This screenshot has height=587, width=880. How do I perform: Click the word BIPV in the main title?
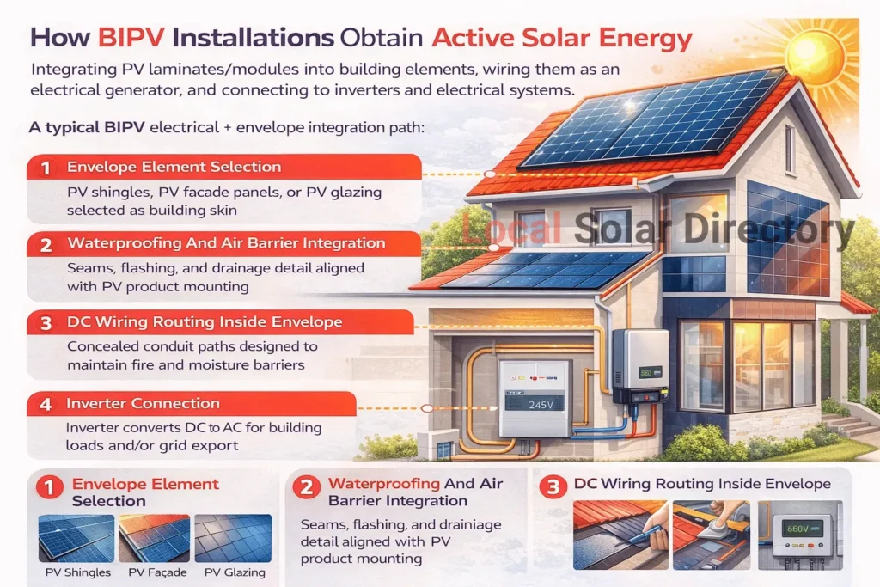coord(131,38)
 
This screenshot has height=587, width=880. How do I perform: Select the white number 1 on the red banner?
coord(46,168)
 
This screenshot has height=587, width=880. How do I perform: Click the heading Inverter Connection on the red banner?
coord(143,403)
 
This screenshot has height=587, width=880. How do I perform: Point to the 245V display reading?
coord(541,405)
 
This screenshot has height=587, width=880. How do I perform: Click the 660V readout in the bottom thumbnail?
coord(797,529)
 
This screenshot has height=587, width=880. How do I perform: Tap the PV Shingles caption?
coord(78,572)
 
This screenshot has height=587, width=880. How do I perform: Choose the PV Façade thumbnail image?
coord(155,538)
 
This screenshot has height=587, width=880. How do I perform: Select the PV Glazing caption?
coord(235,572)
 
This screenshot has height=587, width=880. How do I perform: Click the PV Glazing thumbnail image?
coord(233,538)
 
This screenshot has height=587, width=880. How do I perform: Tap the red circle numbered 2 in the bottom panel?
coord(307,486)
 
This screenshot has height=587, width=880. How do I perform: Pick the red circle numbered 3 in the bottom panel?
coord(553,486)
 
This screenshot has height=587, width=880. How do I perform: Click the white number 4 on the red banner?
coord(46,405)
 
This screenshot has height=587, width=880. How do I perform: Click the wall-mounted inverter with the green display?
coord(639,367)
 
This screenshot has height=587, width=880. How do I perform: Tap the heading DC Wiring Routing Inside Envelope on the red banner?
coord(205,322)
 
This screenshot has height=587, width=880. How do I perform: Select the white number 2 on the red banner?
coord(46,245)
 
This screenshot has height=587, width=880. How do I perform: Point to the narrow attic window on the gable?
coord(790,149)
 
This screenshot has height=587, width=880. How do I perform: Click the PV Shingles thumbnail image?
coord(76,538)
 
